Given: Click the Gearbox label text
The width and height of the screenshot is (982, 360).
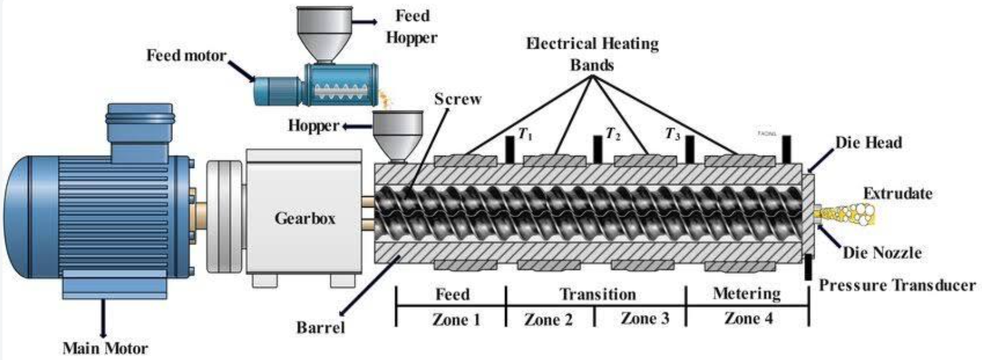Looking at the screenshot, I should (305, 218).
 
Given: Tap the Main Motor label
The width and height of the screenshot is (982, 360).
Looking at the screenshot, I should (105, 348).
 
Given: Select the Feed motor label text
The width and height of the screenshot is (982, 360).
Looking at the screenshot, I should (186, 55).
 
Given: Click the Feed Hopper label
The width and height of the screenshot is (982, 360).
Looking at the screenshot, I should (412, 26).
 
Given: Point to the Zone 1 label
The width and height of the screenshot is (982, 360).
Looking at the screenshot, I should (456, 319).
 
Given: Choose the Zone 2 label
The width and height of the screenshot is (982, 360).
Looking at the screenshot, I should (548, 319).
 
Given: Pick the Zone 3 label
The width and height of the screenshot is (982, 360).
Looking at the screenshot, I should (644, 319).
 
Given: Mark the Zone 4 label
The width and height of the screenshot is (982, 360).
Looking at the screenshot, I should (748, 319).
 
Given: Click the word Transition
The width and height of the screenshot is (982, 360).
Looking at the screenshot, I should (597, 294).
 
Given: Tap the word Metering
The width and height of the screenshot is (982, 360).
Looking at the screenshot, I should (746, 294).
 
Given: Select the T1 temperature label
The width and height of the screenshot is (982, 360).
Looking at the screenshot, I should (524, 134).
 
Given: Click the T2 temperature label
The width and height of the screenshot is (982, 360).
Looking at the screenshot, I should (612, 134).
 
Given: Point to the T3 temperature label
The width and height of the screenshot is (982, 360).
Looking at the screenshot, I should (673, 134).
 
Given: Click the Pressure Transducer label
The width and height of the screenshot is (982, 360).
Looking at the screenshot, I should (897, 286).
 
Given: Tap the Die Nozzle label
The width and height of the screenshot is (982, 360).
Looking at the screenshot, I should (882, 252).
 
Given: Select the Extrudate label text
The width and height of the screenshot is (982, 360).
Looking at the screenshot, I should (897, 193).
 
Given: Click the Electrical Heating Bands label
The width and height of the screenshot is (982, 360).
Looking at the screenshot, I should (592, 54).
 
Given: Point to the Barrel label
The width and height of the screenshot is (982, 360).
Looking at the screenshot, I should (321, 327).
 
